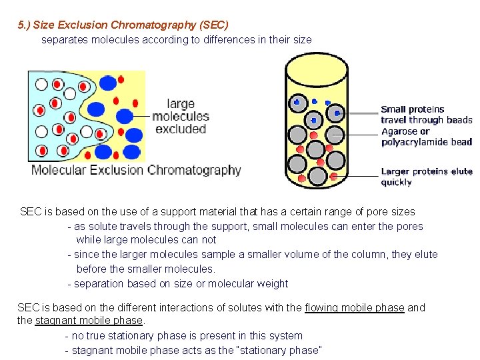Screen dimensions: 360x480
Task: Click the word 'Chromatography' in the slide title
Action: pos(153,25)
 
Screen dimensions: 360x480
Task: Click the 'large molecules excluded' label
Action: pos(180,116)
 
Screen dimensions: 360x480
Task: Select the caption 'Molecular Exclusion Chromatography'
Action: pos(136,169)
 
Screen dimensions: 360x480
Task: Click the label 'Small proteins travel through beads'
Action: pos(426,115)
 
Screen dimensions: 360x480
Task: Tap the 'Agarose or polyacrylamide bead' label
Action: pos(426,137)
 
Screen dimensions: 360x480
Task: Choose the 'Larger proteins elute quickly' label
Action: pos(426,177)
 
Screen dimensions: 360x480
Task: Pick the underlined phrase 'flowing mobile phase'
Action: pos(354,307)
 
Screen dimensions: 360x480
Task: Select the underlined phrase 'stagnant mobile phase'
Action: pos(89,321)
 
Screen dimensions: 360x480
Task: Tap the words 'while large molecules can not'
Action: pos(146,239)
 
